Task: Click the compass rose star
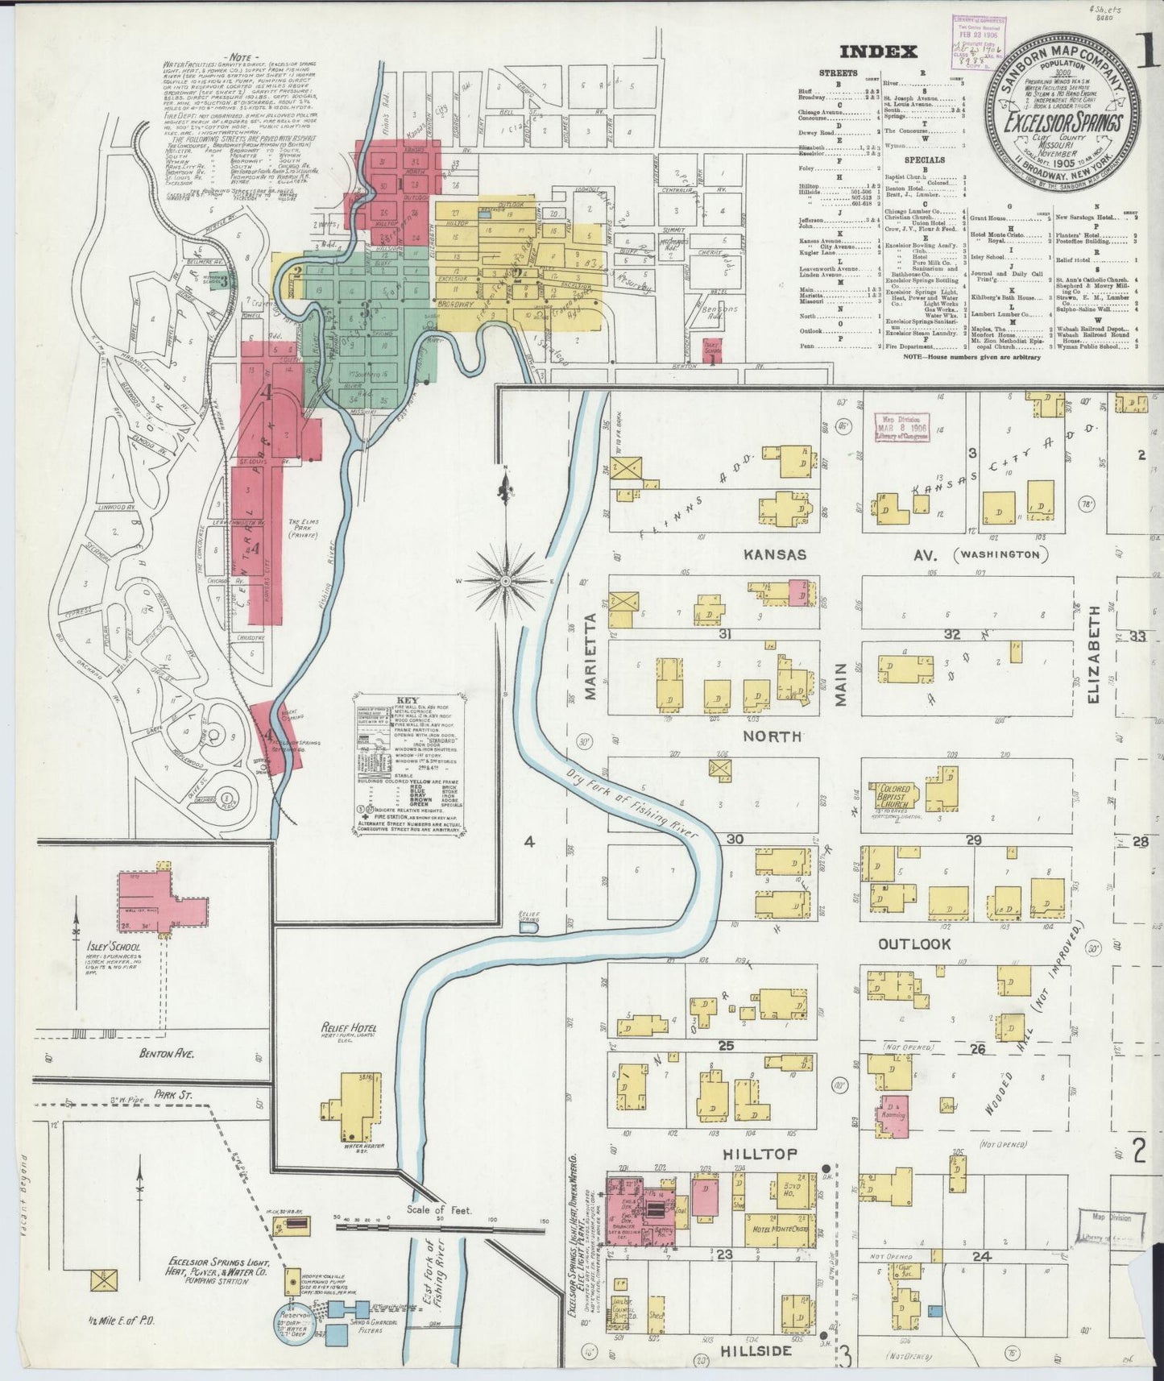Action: pos(505,580)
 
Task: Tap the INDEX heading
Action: pos(878,52)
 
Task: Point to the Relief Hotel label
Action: pos(348,1029)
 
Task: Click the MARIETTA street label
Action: pos(590,656)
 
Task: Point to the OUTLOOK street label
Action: pos(913,943)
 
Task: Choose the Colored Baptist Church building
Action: pos(889,794)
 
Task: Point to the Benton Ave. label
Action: pos(168,1052)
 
